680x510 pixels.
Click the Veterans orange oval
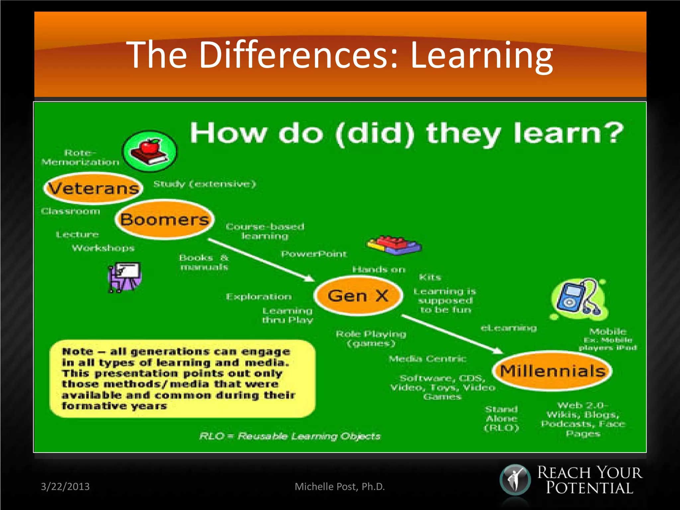click(93, 188)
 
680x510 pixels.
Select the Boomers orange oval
click(165, 219)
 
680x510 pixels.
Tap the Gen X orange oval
click(358, 296)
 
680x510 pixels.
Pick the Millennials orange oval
click(552, 371)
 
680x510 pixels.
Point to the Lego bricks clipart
click(394, 245)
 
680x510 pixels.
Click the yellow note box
click(182, 379)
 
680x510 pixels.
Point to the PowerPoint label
click(313, 254)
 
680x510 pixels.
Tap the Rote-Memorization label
click(80, 158)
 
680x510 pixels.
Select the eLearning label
click(508, 328)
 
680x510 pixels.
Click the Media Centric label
click(427, 359)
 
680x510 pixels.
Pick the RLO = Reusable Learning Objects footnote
click(290, 436)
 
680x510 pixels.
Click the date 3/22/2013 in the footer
click(65, 486)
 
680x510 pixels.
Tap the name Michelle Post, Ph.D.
click(339, 486)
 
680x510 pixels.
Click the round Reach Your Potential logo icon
click(515, 480)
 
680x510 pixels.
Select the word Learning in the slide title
click(481, 55)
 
